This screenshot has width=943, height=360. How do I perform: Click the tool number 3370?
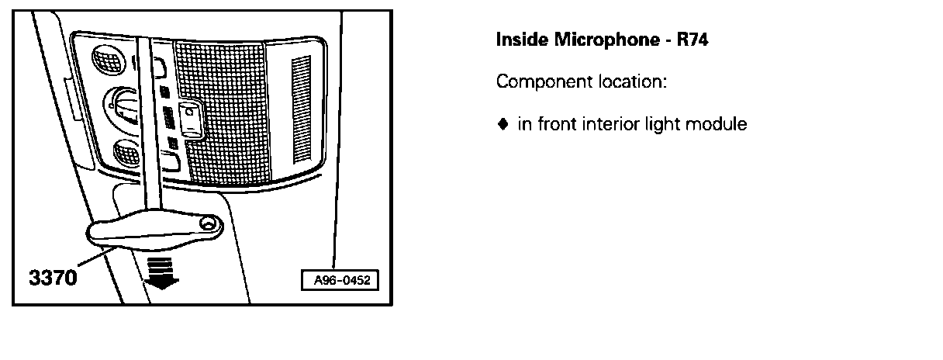pyautogui.click(x=54, y=277)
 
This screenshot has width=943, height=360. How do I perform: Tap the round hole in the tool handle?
pyautogui.click(x=208, y=224)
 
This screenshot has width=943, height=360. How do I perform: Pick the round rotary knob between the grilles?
pyautogui.click(x=121, y=105)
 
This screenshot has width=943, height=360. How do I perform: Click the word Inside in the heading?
pyautogui.click(x=521, y=39)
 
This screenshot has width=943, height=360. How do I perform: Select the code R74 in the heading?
pyautogui.click(x=693, y=39)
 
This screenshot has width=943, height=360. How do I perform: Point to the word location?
pyautogui.click(x=631, y=81)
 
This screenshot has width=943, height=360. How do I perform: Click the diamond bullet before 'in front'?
pyautogui.click(x=502, y=123)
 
